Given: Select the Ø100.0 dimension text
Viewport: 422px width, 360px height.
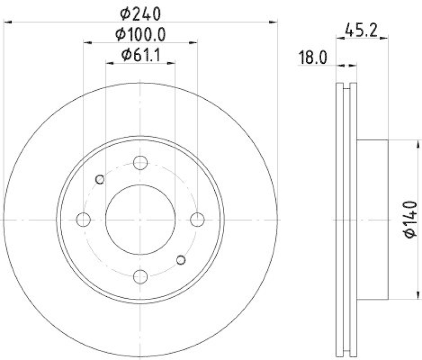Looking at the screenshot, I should coord(140,34).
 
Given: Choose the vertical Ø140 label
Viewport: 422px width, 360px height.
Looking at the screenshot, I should coord(409,219).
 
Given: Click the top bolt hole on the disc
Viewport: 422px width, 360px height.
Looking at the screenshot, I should coord(140,163).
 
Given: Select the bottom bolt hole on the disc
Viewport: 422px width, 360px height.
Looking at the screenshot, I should coord(140,276).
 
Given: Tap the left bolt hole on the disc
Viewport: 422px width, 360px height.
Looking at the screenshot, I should coord(83,219).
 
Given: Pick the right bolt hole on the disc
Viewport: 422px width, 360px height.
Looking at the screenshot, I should coord(197,219).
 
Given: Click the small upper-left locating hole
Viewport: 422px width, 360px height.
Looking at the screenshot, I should coord(100,179).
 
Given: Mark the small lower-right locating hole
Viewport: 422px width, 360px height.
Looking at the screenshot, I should coord(180,259).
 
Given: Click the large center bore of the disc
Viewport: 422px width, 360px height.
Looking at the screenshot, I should coord(140,219).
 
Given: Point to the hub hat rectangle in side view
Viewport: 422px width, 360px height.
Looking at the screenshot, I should coord(372,219).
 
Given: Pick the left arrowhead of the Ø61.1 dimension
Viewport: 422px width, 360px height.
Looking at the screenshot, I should coord(109,63).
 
